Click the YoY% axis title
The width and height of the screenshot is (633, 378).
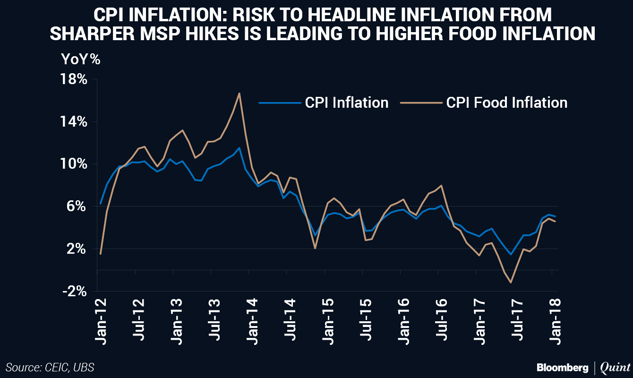tap(80, 60)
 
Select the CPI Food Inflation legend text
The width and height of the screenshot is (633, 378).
tap(506, 103)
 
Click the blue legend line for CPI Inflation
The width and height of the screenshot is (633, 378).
tap(280, 102)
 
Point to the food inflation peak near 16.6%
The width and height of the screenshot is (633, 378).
tap(240, 93)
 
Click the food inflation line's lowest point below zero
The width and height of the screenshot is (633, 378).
tap(511, 283)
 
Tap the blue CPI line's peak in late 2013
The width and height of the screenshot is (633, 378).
tap(240, 147)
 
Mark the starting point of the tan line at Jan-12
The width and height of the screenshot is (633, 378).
tap(101, 254)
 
